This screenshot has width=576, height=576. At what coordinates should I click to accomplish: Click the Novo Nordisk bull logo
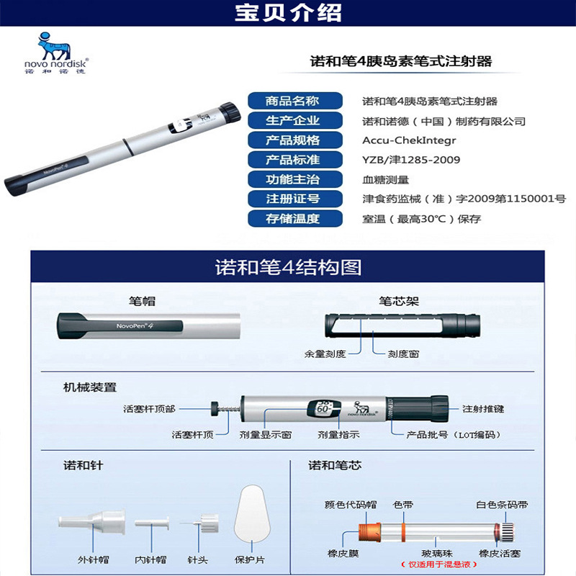[54, 47]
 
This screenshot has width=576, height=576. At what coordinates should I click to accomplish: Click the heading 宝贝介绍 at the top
[288, 14]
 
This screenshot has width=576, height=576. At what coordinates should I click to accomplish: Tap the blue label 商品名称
[292, 102]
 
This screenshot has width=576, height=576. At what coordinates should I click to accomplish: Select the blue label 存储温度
[292, 218]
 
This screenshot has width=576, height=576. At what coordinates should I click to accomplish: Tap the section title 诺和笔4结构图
[288, 268]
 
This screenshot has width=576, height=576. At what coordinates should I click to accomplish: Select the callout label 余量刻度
[325, 354]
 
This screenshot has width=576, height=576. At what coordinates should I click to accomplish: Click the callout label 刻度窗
[404, 354]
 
